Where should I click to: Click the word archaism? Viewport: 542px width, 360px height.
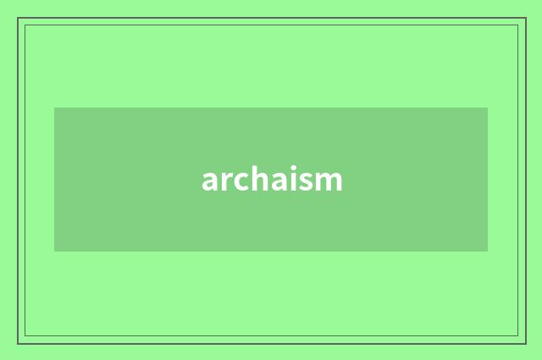[272, 180]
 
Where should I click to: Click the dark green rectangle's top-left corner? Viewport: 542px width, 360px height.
[54, 108]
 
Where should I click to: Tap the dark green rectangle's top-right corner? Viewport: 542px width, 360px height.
[488, 108]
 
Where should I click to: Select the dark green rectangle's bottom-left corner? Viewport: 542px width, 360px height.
[54, 252]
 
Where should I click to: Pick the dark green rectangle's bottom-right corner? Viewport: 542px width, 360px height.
[488, 252]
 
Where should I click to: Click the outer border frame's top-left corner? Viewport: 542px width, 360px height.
[18, 19]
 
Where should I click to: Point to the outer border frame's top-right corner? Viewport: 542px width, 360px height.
[525, 19]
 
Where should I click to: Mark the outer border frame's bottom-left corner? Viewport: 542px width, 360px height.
[18, 343]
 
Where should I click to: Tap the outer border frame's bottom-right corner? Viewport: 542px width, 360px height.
[525, 343]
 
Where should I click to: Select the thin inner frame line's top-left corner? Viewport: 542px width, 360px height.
[25, 25]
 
